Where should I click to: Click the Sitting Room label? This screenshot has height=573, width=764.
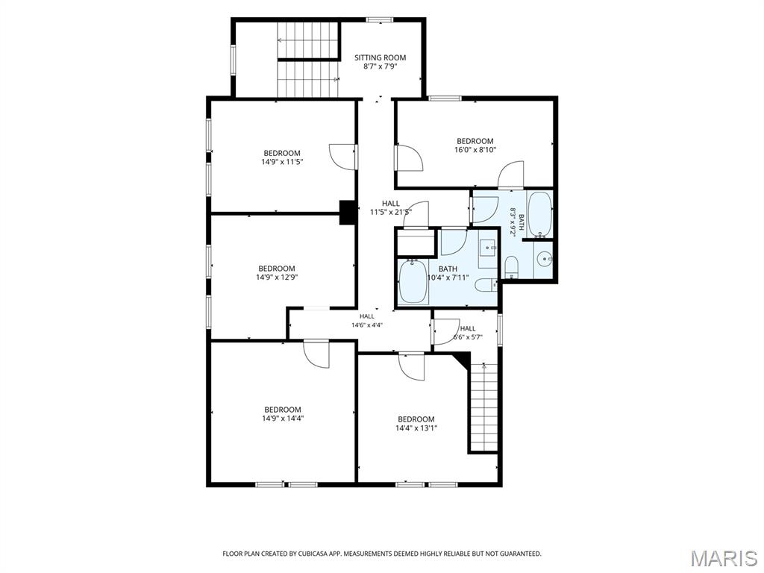[380, 57]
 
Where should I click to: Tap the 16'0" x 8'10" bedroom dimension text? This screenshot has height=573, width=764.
[475, 150]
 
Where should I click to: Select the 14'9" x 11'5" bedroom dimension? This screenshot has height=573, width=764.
[282, 162]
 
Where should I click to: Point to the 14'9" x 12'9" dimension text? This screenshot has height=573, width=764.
[277, 278]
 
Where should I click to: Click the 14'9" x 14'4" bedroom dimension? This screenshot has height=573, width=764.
[283, 418]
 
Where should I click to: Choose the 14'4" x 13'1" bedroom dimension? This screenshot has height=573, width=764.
[416, 428]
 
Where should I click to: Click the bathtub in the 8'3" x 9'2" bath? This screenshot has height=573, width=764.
[540, 213]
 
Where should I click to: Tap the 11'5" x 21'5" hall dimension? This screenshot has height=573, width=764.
[391, 212]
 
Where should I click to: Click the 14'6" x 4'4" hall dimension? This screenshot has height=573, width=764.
[367, 325]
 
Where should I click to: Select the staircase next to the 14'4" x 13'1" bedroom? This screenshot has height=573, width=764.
[483, 407]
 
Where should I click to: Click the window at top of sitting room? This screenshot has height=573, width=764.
[380, 20]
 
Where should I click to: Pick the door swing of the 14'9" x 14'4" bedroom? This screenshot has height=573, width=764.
[316, 354]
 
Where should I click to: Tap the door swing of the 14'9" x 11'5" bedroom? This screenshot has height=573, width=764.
[343, 157]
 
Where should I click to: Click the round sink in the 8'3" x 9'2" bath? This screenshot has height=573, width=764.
[543, 260]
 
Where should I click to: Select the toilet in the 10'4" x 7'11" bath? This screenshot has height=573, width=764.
[486, 285]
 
